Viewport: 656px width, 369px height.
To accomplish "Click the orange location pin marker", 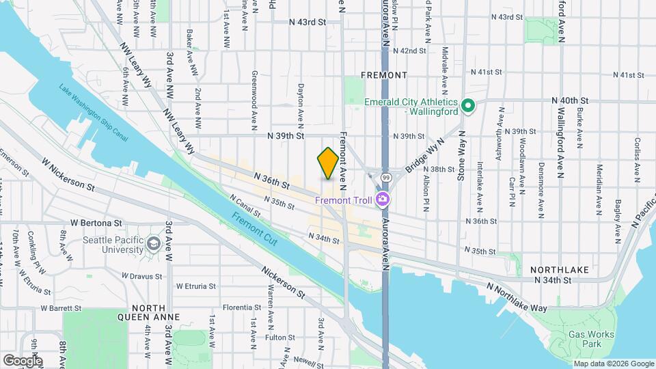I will coord(328,163).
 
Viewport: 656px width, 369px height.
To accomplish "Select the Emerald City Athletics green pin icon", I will coord(468,106).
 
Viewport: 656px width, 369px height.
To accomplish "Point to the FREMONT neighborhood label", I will coord(383,74).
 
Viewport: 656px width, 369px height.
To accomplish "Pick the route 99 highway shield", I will coord(386,178).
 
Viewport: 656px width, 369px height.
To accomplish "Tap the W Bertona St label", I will coord(96,223).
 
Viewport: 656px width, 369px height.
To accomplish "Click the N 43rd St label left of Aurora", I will coord(307,22).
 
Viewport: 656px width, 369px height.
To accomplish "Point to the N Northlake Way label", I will coord(517,297).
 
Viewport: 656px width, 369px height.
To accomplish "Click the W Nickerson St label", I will coord(66,175).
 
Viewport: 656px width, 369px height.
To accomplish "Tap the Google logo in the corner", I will coord(23,360).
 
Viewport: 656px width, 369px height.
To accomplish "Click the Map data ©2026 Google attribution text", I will coord(612,364).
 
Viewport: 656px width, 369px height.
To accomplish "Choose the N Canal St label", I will coord(245,206).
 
